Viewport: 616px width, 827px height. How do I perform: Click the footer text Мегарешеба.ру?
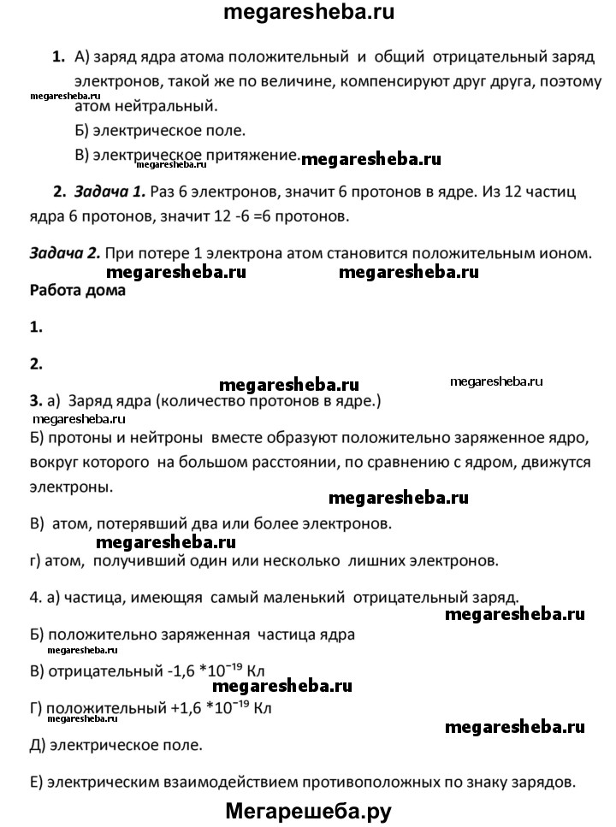click(308, 809)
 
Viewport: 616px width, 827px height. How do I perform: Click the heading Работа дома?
click(77, 290)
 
